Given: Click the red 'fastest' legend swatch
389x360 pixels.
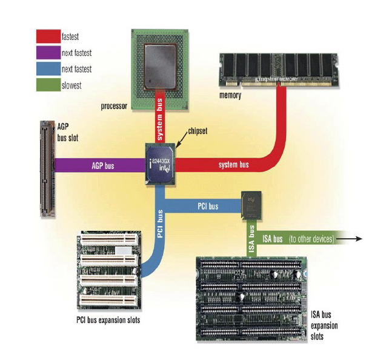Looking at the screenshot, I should point(48,36).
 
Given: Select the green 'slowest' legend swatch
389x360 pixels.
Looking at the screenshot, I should point(48,85).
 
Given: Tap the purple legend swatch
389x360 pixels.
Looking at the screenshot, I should point(48,53).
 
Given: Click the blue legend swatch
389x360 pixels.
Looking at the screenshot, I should point(48,69).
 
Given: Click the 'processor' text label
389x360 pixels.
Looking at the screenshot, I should point(113,107).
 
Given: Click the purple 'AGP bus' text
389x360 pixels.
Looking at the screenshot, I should point(104,164).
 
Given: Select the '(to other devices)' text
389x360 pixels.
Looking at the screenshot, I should point(311,239).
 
